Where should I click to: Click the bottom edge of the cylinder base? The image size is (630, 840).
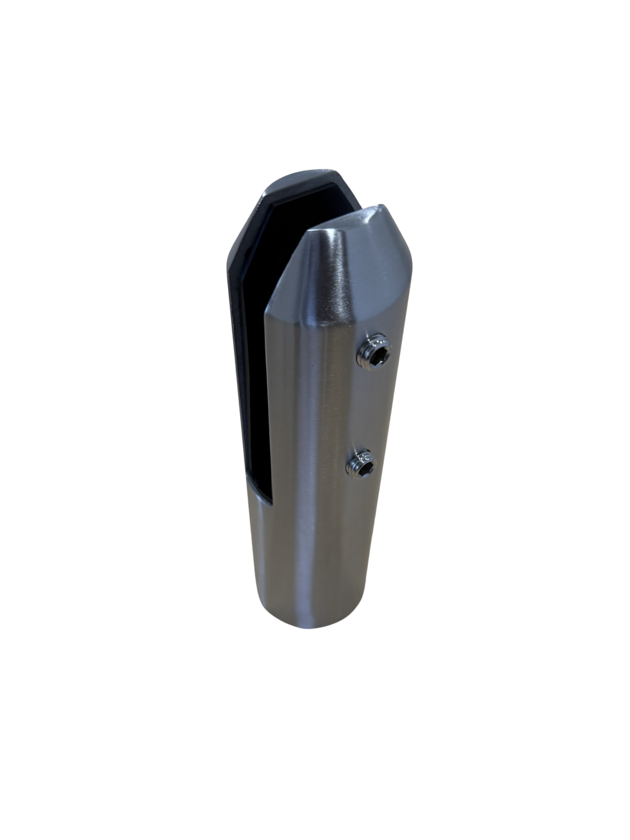[x=314, y=626]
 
